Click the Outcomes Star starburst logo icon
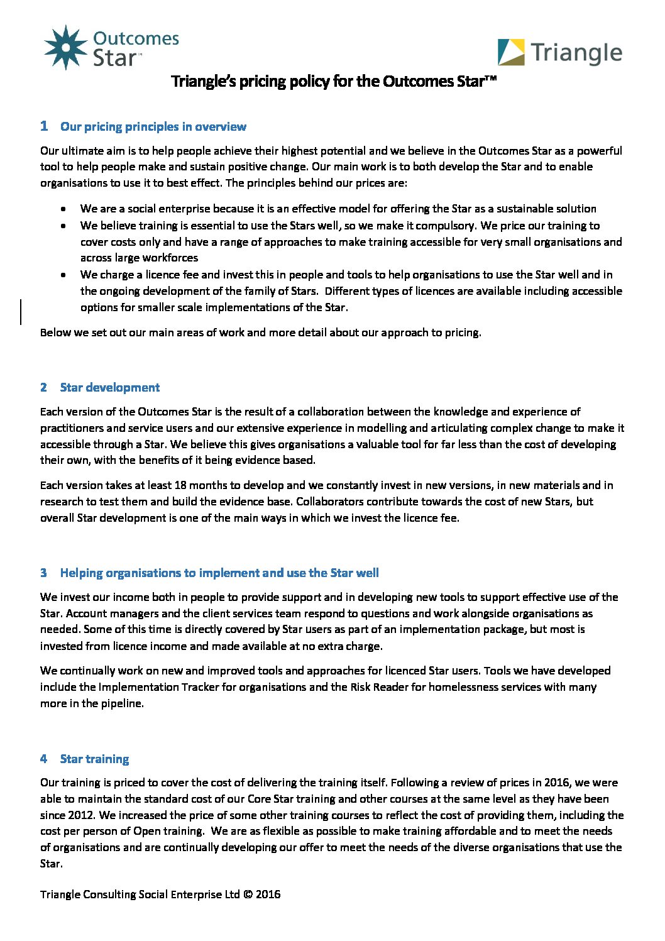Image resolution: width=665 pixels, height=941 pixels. click(x=65, y=47)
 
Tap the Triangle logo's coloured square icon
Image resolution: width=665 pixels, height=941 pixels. click(x=511, y=52)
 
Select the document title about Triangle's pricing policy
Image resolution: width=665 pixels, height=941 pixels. click(x=334, y=81)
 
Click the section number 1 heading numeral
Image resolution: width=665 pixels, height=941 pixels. click(x=44, y=126)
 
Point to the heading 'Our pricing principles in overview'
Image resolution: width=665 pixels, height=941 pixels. click(x=153, y=127)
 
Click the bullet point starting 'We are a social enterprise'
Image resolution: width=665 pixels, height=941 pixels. click(x=63, y=209)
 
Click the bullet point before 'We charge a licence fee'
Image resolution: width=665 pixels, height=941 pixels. click(x=63, y=275)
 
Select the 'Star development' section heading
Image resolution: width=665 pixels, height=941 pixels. click(x=110, y=388)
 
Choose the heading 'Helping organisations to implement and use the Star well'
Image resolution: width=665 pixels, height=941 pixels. click(x=219, y=573)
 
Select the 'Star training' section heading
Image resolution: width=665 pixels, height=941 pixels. click(x=94, y=759)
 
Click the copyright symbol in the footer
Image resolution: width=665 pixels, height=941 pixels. click(x=248, y=894)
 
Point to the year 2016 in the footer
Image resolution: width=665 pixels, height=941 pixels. click(x=268, y=894)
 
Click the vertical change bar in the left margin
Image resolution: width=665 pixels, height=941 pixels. click(x=21, y=312)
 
